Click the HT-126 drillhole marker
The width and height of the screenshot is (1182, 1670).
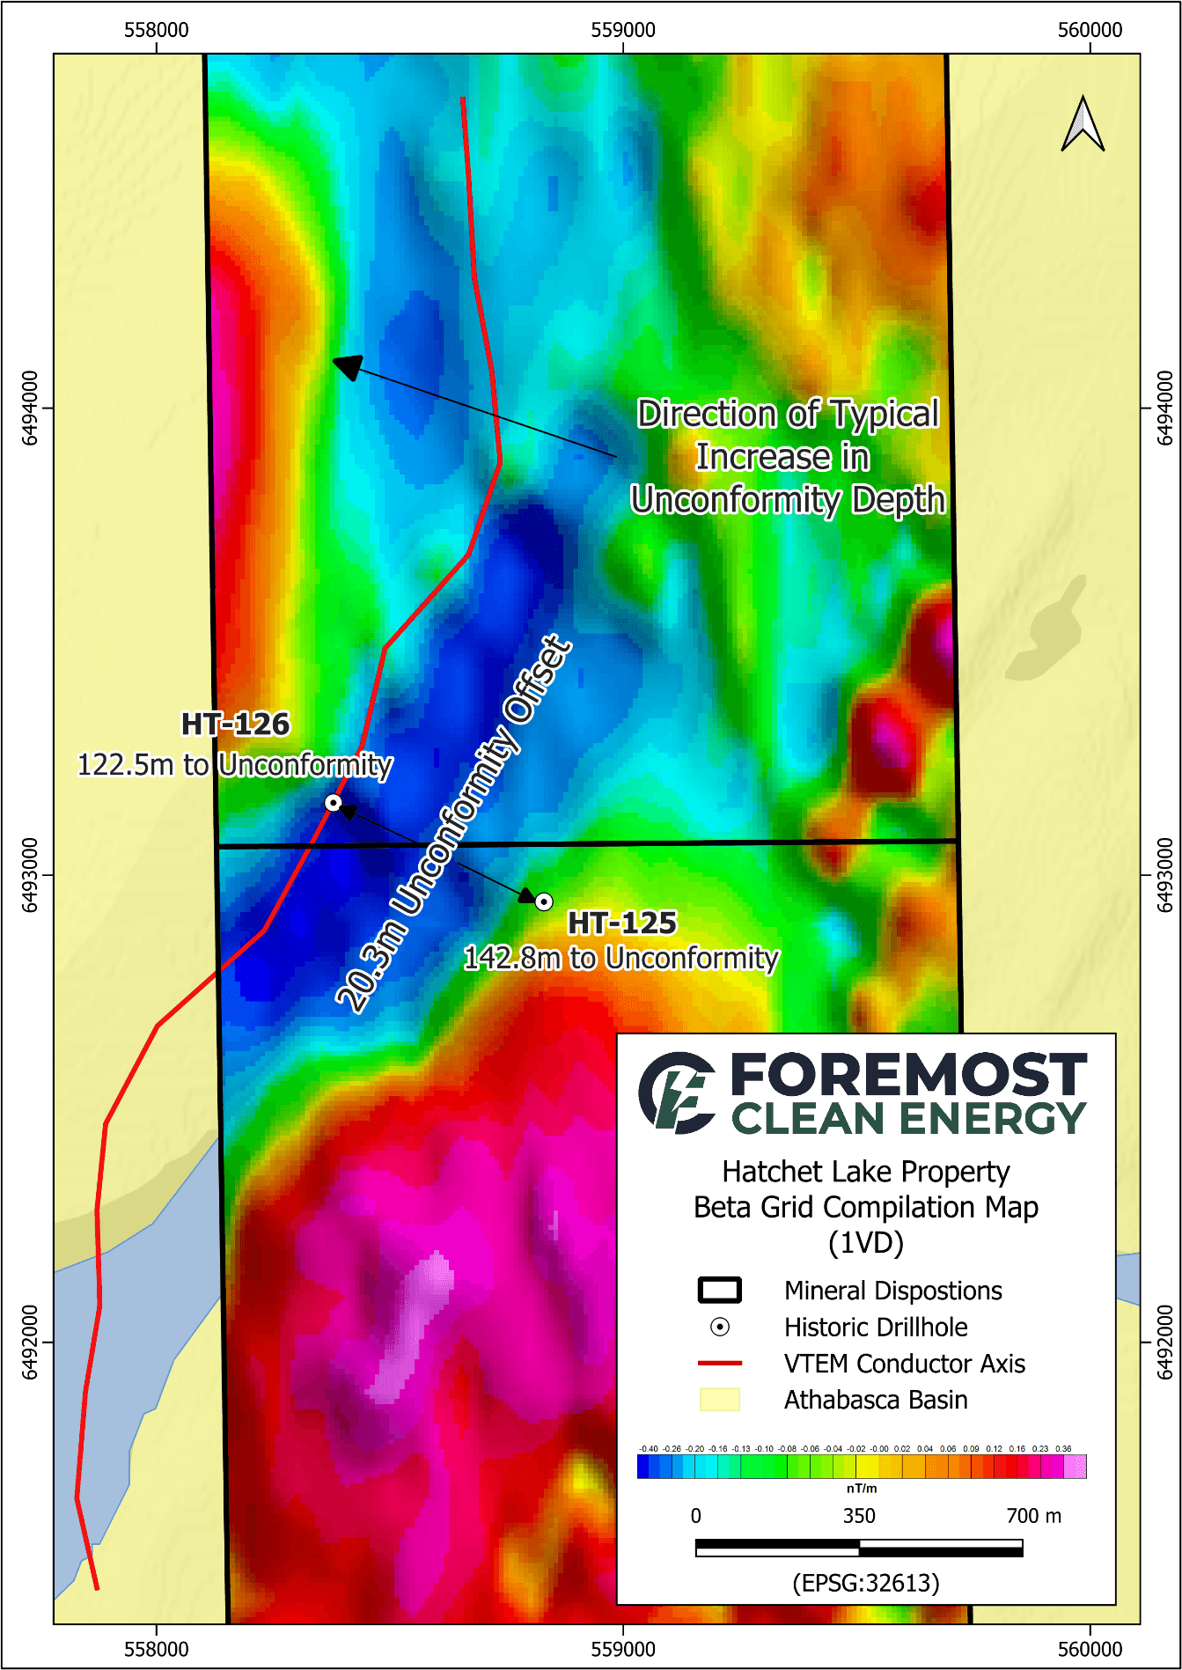click(x=333, y=802)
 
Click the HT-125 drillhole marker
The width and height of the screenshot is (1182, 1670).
click(x=544, y=901)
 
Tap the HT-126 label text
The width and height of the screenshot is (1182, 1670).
click(x=235, y=725)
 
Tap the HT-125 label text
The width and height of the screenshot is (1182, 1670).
click(x=622, y=923)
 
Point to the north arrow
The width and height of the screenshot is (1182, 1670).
click(x=1083, y=125)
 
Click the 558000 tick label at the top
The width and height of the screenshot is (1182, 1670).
click(x=157, y=30)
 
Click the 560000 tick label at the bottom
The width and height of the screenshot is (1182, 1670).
click(x=1090, y=1649)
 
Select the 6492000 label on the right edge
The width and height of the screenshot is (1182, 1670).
click(x=1164, y=1342)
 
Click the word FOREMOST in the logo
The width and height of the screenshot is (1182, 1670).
click(x=908, y=1075)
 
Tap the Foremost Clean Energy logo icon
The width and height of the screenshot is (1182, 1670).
click(x=677, y=1092)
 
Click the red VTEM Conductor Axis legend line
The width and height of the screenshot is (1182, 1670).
click(x=720, y=1364)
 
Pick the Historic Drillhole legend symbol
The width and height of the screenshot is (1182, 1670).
click(x=720, y=1327)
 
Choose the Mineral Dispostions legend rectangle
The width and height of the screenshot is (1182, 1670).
click(x=720, y=1291)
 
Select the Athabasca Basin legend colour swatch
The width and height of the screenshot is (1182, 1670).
click(x=720, y=1400)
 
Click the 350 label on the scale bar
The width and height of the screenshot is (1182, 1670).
click(x=859, y=1516)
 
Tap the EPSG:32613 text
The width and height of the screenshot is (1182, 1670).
click(x=866, y=1583)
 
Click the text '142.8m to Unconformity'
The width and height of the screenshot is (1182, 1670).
click(x=621, y=958)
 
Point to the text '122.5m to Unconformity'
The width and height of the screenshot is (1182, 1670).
click(x=235, y=765)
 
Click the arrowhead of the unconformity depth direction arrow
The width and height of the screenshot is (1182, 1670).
click(x=347, y=365)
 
